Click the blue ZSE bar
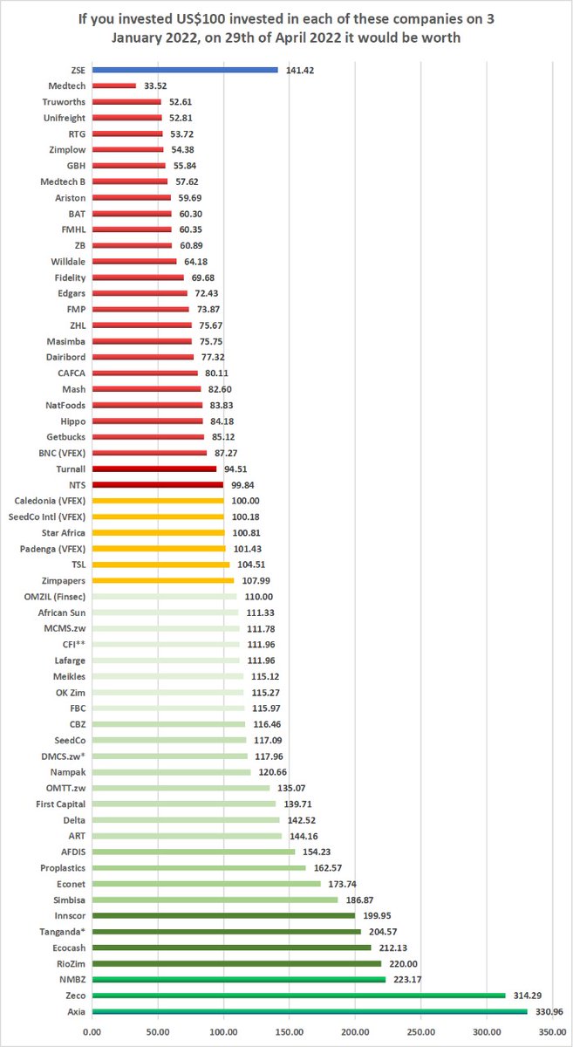(185, 70)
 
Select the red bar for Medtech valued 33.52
(114, 86)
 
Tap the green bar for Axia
(310, 1011)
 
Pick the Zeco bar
(298, 996)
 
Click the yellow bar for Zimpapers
(163, 580)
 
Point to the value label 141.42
(301, 70)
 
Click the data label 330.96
(549, 1011)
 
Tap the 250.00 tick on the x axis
(420, 1030)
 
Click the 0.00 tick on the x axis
(92, 1030)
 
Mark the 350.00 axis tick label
(551, 1030)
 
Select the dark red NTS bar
(158, 484)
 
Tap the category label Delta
(74, 820)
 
